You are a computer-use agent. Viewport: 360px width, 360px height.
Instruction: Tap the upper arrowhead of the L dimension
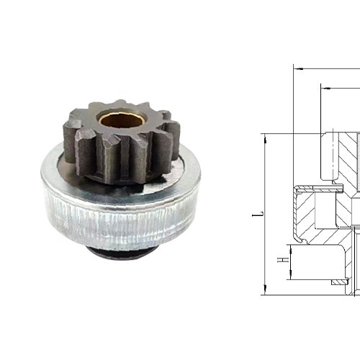265,138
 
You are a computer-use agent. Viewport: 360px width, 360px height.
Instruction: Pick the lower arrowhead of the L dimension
265,291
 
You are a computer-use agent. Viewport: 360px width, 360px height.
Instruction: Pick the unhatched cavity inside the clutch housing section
342,205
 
